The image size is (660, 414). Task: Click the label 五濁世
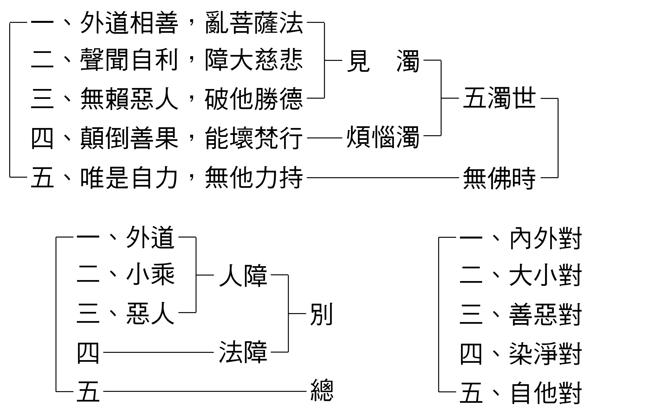coord(499,98)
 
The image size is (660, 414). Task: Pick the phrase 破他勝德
coord(254,99)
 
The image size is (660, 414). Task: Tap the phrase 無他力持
coord(254,177)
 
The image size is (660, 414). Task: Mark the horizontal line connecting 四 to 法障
coord(158,352)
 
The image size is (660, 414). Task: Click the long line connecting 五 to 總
coord(204,391)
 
